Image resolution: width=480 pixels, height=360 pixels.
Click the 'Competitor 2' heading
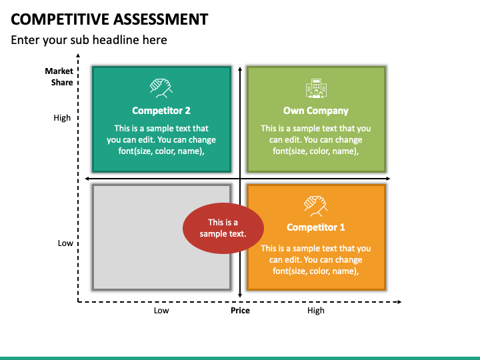(161, 111)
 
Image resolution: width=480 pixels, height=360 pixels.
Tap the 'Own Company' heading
(315, 111)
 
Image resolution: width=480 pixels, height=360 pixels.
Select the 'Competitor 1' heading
(315, 227)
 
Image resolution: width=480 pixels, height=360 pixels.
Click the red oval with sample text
(223, 228)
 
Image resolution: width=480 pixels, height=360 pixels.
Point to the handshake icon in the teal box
(161, 88)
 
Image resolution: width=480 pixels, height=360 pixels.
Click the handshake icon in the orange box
(316, 206)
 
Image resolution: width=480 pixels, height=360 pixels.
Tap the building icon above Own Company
(316, 89)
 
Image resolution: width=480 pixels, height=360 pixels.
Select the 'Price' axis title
(240, 311)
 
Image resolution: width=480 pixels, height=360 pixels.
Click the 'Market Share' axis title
(59, 77)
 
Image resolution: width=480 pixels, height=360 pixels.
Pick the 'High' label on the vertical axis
(62, 118)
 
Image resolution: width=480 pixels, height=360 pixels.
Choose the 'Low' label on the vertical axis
(65, 243)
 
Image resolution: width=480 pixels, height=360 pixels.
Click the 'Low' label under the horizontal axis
(161, 311)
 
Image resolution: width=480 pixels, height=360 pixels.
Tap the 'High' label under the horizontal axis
(315, 311)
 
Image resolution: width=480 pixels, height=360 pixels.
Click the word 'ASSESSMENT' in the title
(161, 19)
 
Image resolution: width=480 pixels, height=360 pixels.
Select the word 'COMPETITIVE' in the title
(60, 19)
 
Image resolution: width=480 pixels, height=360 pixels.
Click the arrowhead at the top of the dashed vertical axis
(78, 55)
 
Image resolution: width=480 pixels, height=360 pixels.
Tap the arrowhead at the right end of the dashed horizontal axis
(399, 302)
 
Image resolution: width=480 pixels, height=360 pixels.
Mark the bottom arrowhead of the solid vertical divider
(240, 295)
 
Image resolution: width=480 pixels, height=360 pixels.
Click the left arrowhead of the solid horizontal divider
(87, 179)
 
